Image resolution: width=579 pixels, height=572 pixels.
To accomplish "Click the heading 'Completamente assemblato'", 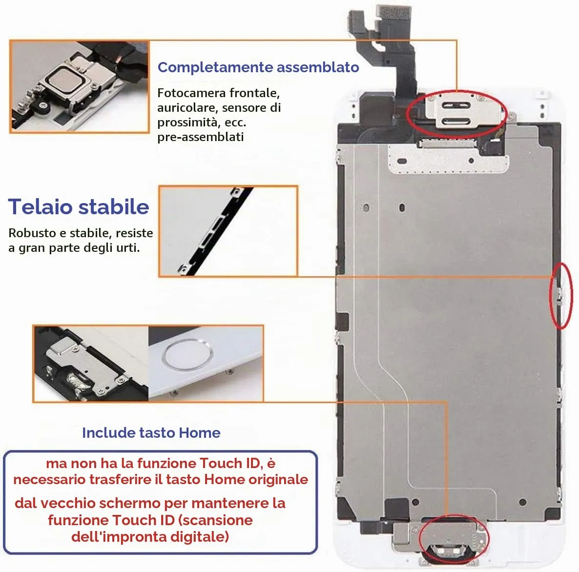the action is click(x=258, y=67).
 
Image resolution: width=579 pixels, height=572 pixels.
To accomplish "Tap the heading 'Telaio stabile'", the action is click(x=79, y=206).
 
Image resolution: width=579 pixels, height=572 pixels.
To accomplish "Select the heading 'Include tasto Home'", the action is click(x=151, y=432).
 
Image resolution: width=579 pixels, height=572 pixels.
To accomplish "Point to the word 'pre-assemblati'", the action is click(x=201, y=137).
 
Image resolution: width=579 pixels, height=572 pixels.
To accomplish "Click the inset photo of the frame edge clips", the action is click(x=228, y=231).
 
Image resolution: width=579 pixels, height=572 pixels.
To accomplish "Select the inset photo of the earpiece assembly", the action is click(x=80, y=86).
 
